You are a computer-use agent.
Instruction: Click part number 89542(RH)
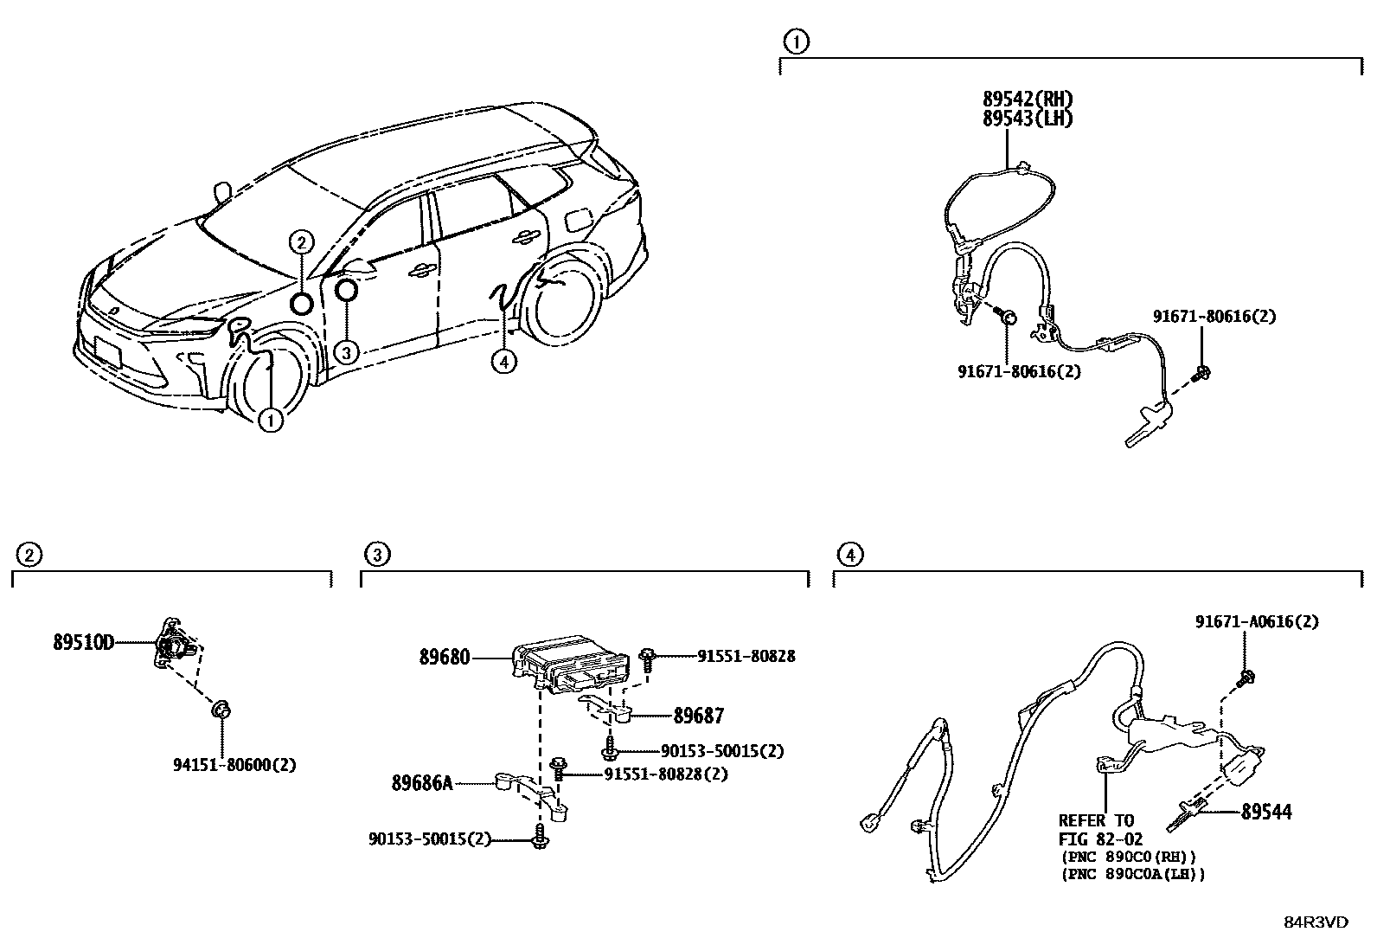click(x=1027, y=100)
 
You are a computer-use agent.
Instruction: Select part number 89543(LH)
click(x=1027, y=119)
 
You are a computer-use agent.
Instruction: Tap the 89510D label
click(x=83, y=643)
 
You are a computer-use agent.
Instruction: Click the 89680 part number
click(x=445, y=658)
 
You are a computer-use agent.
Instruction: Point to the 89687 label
click(x=699, y=716)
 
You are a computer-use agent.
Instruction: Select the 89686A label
click(x=422, y=783)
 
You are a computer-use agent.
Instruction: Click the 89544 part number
click(x=1266, y=812)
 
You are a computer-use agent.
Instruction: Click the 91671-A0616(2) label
click(x=1257, y=621)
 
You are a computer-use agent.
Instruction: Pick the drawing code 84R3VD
click(x=1315, y=922)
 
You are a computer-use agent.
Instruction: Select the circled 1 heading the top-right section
click(x=795, y=41)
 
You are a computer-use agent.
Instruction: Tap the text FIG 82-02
click(x=1100, y=839)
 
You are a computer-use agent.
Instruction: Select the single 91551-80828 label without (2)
click(x=746, y=657)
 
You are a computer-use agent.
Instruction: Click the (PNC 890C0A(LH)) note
click(x=1132, y=874)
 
